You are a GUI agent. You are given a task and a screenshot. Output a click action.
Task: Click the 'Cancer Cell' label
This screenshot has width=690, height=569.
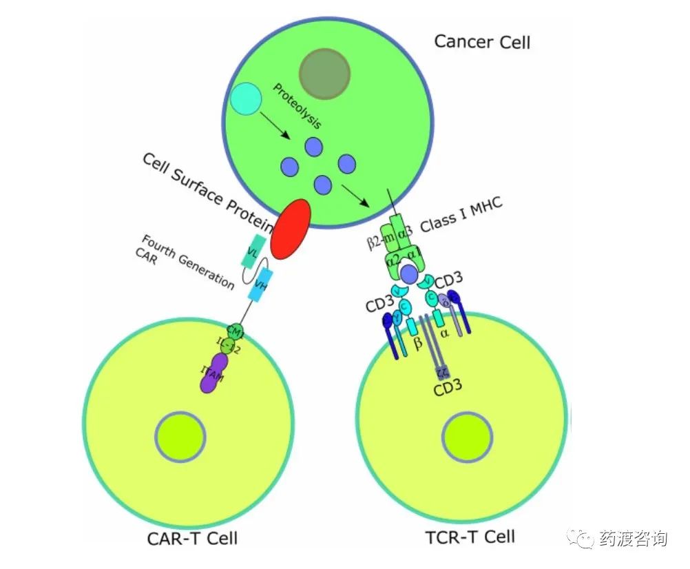tap(482, 41)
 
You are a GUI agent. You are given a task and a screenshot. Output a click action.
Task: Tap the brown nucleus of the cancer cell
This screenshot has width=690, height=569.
tap(324, 74)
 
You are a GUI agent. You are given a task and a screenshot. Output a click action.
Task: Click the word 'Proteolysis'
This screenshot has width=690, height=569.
tap(297, 107)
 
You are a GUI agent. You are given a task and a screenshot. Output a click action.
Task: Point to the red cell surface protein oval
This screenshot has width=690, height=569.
tap(291, 229)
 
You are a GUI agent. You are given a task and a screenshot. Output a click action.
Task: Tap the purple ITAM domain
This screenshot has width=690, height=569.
tap(214, 373)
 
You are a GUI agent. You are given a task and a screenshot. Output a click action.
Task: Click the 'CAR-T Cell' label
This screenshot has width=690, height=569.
tap(192, 538)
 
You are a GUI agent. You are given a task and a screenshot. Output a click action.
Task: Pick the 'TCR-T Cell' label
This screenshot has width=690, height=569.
tap(471, 536)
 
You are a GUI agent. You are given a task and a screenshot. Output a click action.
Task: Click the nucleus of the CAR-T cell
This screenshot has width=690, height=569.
tap(180, 436)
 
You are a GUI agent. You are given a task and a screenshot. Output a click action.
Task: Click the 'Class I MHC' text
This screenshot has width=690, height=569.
tap(462, 214)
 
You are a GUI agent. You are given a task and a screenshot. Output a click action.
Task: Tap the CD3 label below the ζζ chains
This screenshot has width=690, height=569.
tap(448, 391)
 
